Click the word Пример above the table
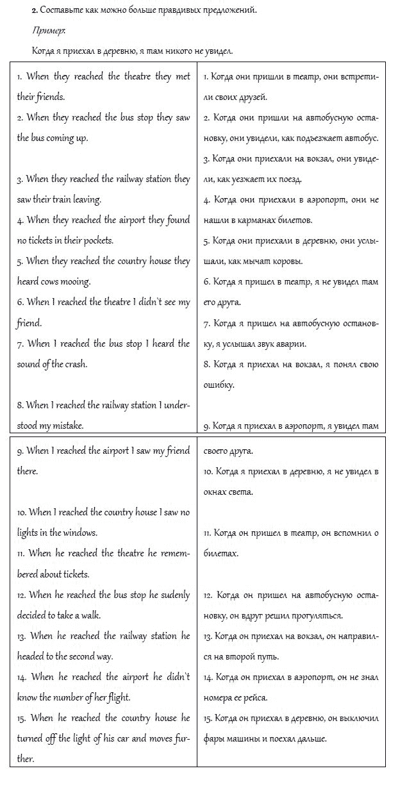44,31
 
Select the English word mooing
76,281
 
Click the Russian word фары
213,738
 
